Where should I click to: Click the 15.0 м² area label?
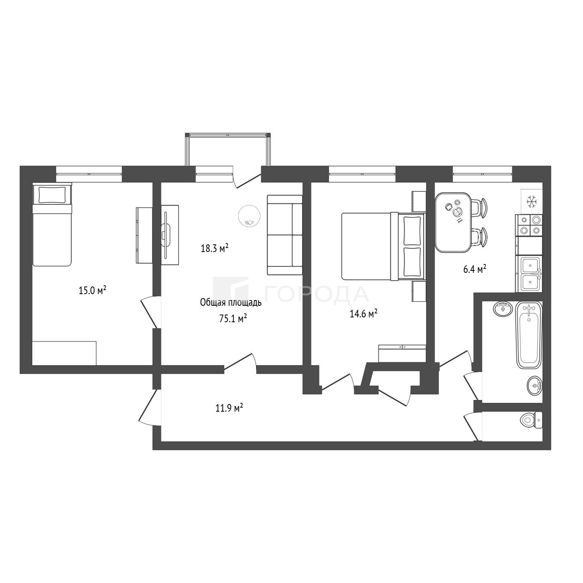tap(92, 290)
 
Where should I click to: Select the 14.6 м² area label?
tap(364, 314)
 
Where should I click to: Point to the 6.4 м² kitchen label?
tap(475, 269)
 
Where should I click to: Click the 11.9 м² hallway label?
tap(230, 408)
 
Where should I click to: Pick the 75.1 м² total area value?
tap(232, 318)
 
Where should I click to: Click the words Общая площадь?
tap(231, 302)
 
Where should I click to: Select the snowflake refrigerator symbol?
tap(531, 201)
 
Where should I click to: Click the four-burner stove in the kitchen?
tap(529, 226)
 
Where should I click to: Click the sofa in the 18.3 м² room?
tap(285, 235)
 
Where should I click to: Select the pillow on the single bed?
tap(52, 195)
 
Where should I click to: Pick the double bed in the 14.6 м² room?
tap(384, 246)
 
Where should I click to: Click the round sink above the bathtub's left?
tap(503, 309)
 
